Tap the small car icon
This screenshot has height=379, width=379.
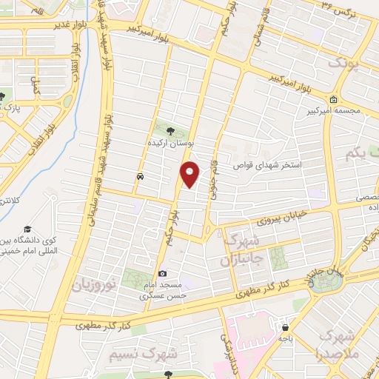point(140,177)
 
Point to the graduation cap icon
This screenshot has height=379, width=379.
point(27,229)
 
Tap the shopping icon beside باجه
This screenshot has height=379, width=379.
point(285,326)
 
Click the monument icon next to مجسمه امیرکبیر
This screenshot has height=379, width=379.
point(334,101)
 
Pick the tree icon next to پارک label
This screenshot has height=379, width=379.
point(3,95)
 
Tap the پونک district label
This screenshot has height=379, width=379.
point(348,64)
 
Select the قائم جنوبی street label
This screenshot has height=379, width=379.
point(215,158)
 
